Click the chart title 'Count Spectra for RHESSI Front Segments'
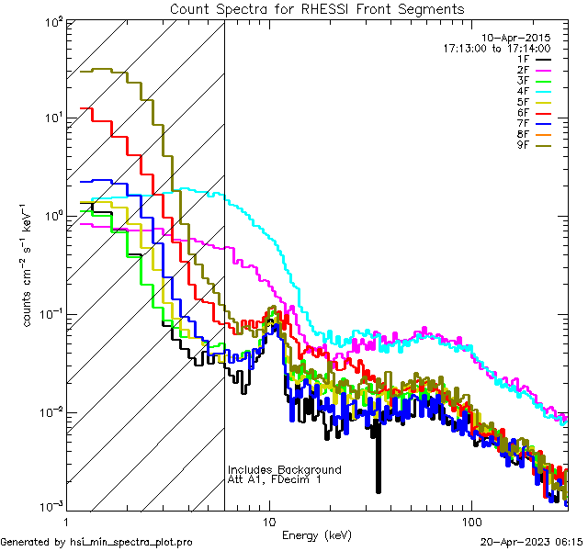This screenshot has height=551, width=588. pos(317,8)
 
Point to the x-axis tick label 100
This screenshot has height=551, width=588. pos(471,521)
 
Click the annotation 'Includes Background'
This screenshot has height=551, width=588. pos(285,470)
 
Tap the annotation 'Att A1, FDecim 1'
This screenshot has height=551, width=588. pos(275,480)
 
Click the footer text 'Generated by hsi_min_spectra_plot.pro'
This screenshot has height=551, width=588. pos(96,542)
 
